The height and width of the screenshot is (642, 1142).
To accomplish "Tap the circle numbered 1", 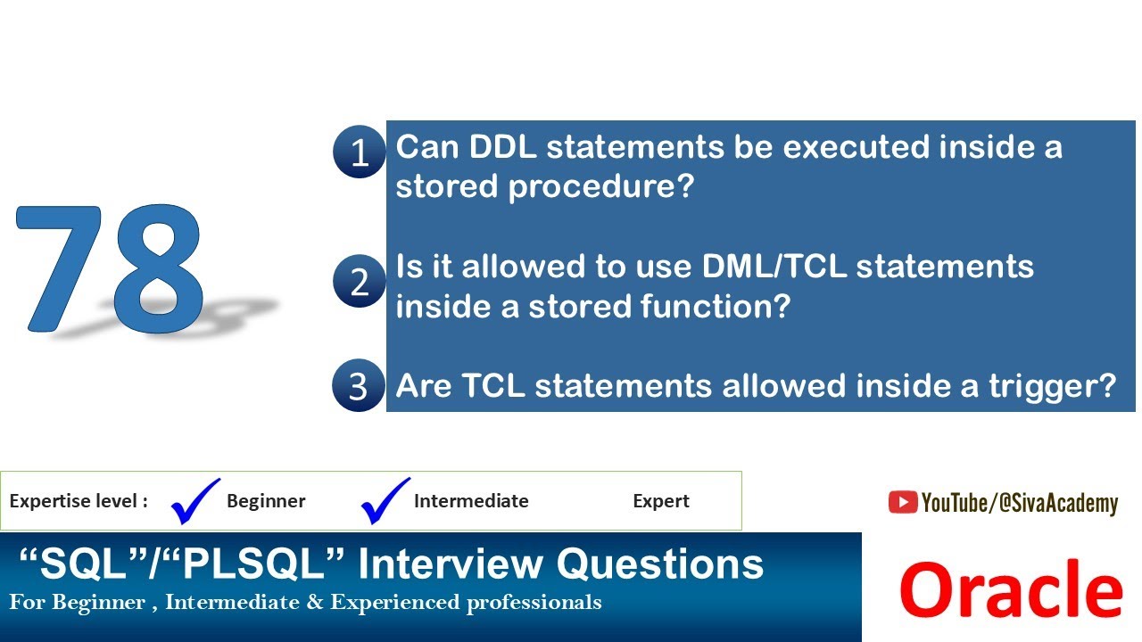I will pos(359,152).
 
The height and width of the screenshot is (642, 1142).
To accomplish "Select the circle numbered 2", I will pos(359,281).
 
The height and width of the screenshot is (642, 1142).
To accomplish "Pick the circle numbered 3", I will pos(358,386).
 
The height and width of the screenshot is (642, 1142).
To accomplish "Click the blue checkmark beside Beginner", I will pos(194,501).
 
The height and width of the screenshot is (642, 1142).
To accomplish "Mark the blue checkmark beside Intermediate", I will pos(385,501).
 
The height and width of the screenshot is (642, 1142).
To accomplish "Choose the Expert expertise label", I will pos(660,501).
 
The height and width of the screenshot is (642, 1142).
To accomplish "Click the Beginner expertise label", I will pos(266,501).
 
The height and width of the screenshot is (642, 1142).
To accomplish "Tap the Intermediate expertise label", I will pos(471,501).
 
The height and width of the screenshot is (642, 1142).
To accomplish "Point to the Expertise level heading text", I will pos(79,501).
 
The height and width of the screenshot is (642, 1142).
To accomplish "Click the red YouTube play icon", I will pos(902,503).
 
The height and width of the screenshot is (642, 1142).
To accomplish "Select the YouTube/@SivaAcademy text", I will pos(1019,504).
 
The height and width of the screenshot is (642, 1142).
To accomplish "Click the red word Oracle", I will pos(1010,590).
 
